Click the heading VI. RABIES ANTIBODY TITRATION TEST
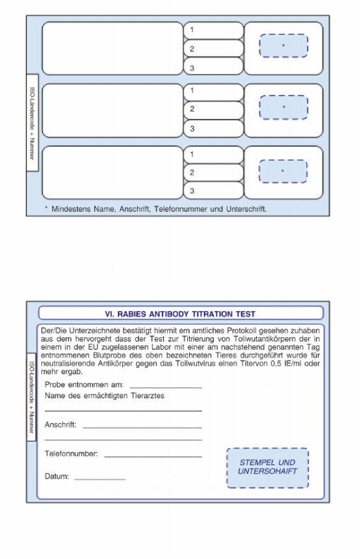tap(180, 314)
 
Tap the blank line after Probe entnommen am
tap(166, 388)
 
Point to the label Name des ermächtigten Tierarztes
tap(104, 396)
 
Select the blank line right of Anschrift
tap(142, 427)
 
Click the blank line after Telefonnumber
tap(154, 456)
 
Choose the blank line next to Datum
tap(100, 479)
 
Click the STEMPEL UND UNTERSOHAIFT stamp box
tap(268, 468)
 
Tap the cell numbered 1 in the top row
tap(213, 31)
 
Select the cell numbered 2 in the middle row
tap(213, 110)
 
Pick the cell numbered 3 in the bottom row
tap(213, 191)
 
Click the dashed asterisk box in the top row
tap(284, 46)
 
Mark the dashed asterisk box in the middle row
tap(284, 107)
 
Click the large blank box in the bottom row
tap(112, 173)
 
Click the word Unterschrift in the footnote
tap(246, 209)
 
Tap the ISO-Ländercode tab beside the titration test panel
tap(31, 397)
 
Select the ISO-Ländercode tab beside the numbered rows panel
tap(32, 123)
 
